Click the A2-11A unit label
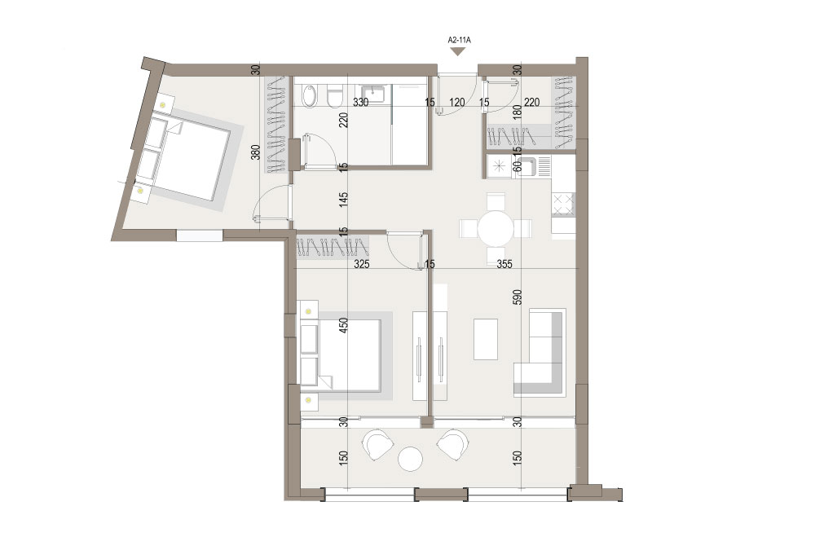click(457, 39)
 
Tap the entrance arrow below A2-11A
click(457, 51)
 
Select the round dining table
click(496, 228)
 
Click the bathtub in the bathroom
click(309, 96)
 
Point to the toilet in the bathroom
click(335, 97)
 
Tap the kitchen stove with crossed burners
click(563, 204)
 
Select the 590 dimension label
click(518, 297)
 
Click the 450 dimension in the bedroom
click(343, 326)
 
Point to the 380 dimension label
click(255, 152)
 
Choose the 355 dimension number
click(504, 265)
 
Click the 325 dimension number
click(361, 265)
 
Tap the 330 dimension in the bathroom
click(361, 103)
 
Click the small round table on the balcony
click(410, 460)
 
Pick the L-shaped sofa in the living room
click(540, 353)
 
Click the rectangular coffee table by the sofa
click(486, 339)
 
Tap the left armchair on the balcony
click(377, 444)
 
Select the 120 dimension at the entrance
click(457, 103)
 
